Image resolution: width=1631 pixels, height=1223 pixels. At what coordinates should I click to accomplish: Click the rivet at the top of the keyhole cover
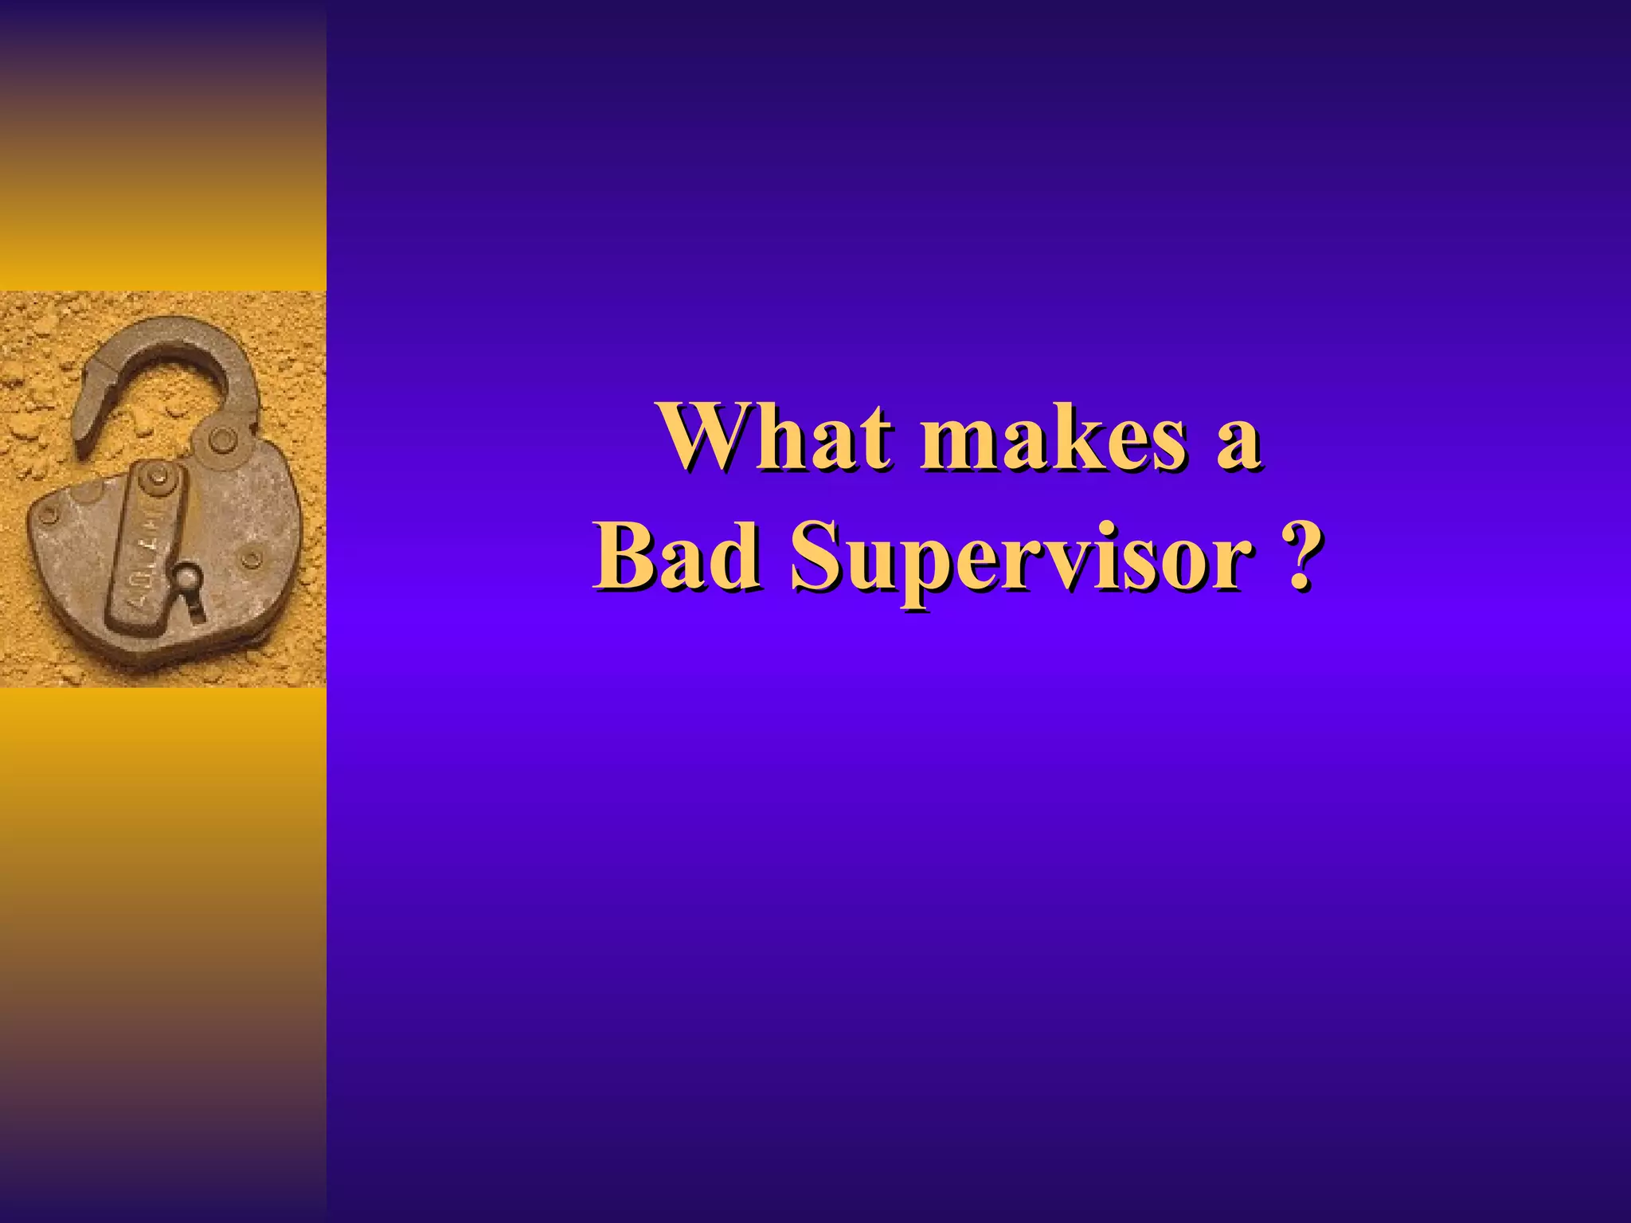[158, 477]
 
